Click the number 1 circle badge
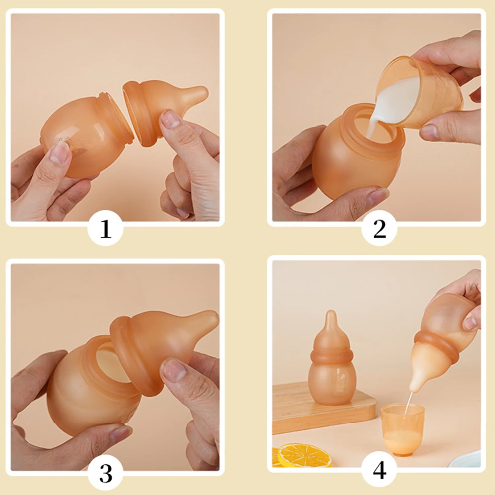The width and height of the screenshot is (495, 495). point(106,228)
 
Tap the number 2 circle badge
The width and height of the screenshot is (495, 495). point(379,228)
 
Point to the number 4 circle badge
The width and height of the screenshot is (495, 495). point(379,469)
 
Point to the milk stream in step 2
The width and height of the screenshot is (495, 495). point(379,114)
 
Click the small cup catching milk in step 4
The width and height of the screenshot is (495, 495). point(403,429)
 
